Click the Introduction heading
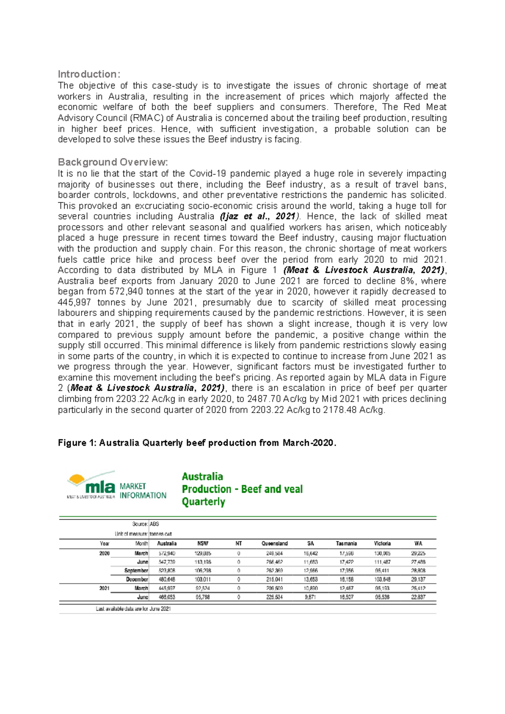click(89, 74)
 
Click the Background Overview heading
click(113, 162)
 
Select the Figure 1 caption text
click(197, 443)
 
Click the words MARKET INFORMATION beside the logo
click(143, 491)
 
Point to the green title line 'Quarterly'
click(203, 502)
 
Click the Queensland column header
click(274, 543)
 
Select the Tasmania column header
click(346, 543)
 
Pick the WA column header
click(418, 543)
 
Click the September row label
click(136, 571)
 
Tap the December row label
click(137, 580)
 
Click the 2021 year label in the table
click(104, 589)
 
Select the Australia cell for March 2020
click(167, 554)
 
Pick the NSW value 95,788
click(203, 597)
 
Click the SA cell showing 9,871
click(311, 597)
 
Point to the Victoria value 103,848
click(382, 580)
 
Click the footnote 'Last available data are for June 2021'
click(133, 609)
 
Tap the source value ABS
click(154, 524)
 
